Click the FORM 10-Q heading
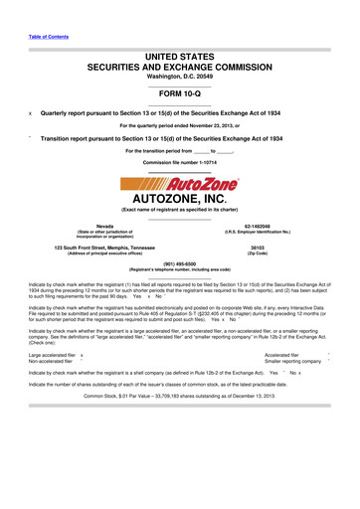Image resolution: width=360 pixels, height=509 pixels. tap(179, 92)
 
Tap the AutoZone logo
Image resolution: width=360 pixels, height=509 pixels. tap(180, 184)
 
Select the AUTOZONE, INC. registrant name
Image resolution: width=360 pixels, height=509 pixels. tap(180, 202)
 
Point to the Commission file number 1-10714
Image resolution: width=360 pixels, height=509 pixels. tap(179, 161)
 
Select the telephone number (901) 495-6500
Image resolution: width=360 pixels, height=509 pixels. tap(179, 263)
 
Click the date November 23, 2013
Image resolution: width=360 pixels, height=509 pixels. tap(219, 125)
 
